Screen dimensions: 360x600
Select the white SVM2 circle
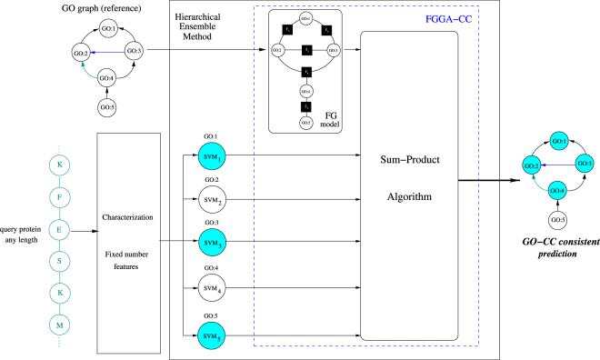tap(211, 200)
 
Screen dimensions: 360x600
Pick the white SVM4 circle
tap(211, 290)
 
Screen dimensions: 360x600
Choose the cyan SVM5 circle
tap(211, 335)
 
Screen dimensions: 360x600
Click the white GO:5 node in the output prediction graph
tap(556, 220)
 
